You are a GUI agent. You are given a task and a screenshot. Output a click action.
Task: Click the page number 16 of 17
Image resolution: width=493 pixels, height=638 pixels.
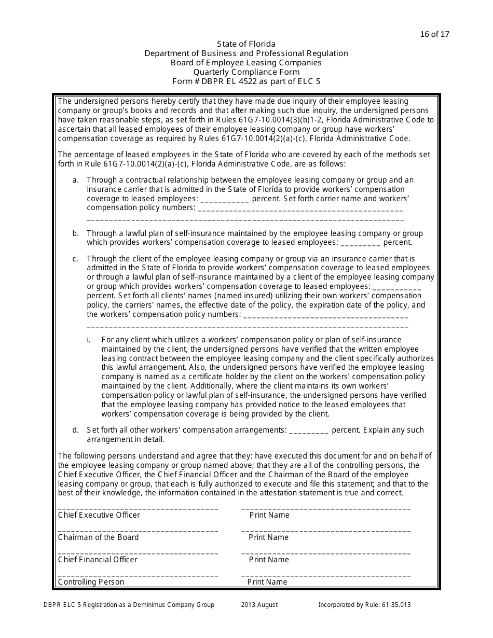pos(434,34)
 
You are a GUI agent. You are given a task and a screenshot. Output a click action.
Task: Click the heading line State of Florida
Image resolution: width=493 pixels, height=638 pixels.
pos(246,44)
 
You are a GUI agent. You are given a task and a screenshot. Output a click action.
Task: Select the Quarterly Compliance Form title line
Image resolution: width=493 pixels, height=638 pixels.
pos(246,72)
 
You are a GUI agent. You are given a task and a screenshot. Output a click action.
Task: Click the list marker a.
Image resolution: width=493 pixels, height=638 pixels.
pos(75,180)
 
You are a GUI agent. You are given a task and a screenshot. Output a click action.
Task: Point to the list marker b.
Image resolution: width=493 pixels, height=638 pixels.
pos(75,233)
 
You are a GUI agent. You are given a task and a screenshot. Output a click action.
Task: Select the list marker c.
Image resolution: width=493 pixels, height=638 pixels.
pos(75,259)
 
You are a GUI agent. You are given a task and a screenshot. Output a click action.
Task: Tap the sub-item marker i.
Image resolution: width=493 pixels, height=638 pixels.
pos(89,340)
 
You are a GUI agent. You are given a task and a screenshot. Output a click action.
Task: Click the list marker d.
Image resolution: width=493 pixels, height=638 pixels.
pos(75,430)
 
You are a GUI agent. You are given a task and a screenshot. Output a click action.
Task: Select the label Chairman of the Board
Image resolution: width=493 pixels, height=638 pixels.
pos(99,537)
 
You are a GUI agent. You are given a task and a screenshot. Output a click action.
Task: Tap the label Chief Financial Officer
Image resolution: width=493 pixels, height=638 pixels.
pos(98,560)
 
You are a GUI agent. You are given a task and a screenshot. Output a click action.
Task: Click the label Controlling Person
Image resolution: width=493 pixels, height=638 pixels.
pos(91,582)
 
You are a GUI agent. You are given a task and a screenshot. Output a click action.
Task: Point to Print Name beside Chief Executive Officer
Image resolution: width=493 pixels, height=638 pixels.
pos(269,515)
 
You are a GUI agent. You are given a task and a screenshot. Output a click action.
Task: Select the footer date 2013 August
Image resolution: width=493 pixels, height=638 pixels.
pos(259,605)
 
